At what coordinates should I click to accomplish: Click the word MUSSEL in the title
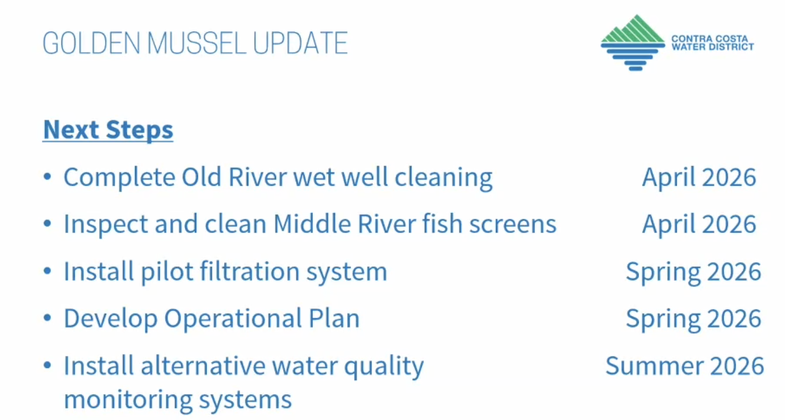[197, 43]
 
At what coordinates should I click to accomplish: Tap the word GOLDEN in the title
[92, 43]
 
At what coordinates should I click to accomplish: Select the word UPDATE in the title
[300, 43]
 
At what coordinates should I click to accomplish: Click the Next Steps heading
[108, 130]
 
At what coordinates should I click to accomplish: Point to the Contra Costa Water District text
[712, 43]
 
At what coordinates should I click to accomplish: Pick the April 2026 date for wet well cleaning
[699, 177]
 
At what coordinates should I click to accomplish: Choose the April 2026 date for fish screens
[699, 224]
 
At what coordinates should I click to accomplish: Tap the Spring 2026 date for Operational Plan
[693, 319]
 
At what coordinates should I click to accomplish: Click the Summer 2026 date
[685, 366]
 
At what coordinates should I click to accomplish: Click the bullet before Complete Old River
[47, 176]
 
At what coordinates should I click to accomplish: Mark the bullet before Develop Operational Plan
[47, 318]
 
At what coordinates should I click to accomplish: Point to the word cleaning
[443, 178]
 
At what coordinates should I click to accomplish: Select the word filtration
[249, 271]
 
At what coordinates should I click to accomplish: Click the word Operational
[233, 319]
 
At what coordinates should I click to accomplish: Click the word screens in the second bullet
[513, 225]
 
